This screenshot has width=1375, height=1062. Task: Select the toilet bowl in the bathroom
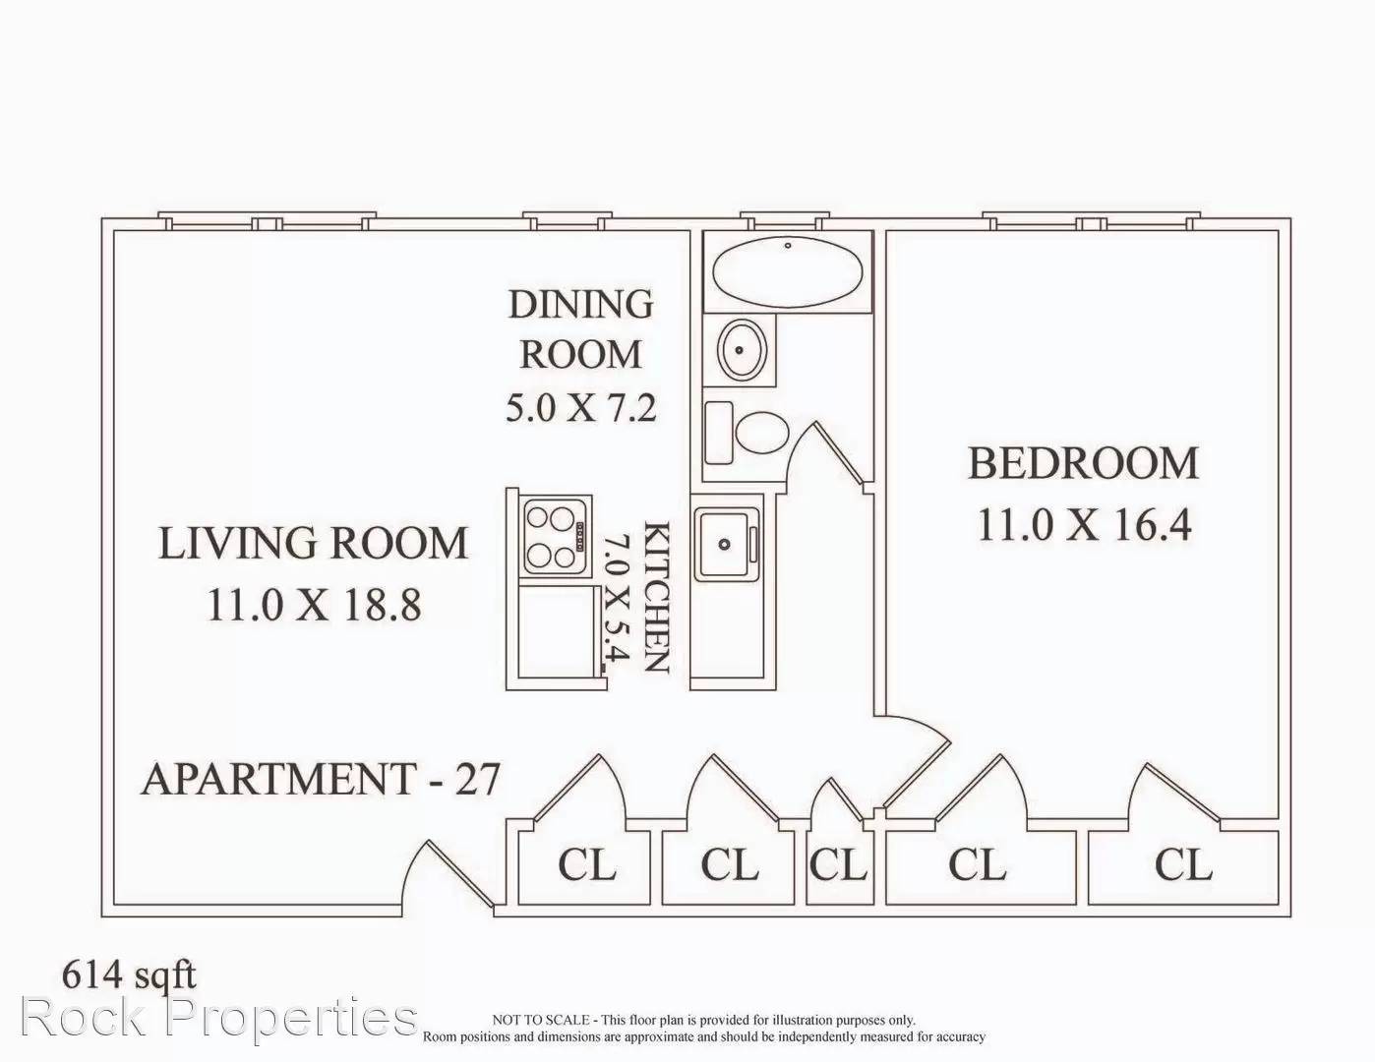coord(762,432)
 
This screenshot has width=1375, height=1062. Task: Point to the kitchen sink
coord(727,544)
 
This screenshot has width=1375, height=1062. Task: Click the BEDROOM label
coord(1083,463)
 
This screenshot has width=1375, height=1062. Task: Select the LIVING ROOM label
coord(313,543)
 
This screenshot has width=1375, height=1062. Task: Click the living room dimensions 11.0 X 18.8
coord(314,605)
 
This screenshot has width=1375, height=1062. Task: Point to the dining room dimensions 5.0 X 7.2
coord(581,407)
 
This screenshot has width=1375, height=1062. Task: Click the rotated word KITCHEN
coord(657,597)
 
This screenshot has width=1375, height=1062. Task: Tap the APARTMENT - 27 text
coord(321,779)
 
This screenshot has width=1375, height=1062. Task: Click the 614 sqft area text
coord(129,974)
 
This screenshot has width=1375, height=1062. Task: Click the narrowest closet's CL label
coord(838,864)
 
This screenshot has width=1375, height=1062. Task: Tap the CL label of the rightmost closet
coord(1183,864)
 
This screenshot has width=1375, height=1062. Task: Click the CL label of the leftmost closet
coord(586,864)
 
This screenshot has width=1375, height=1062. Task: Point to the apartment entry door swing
coord(446,875)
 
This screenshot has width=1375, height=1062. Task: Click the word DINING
coord(581,305)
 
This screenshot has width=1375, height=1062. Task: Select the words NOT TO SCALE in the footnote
coord(540,1020)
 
